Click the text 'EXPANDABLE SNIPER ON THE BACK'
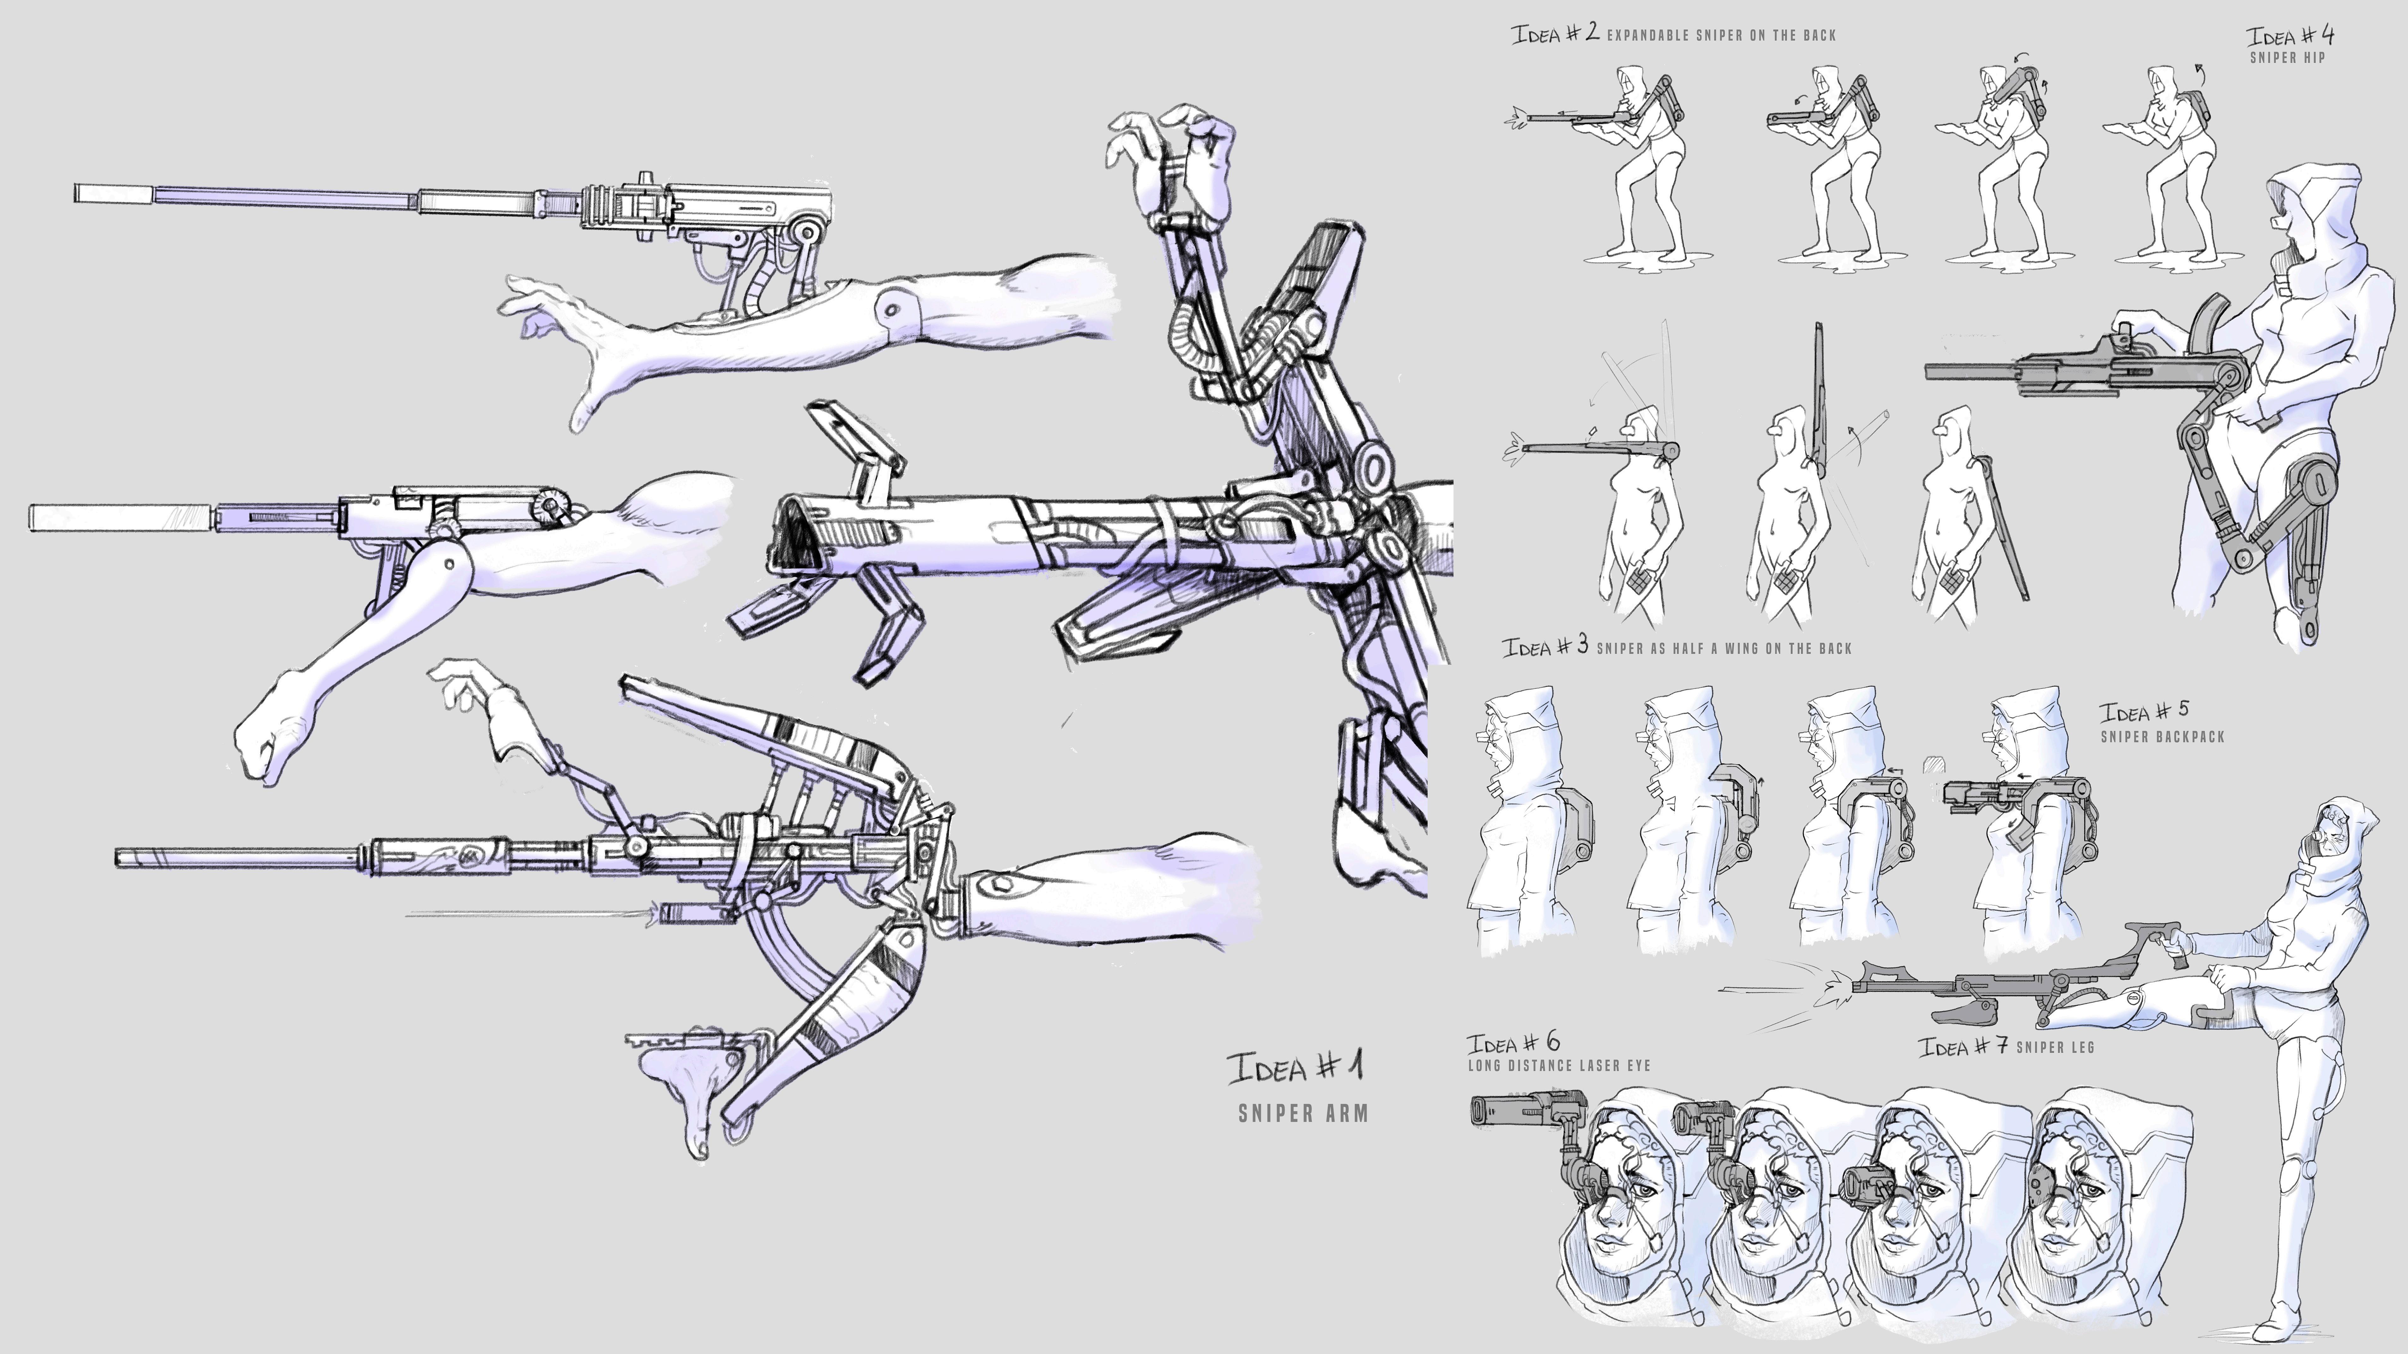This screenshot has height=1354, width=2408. (x=1721, y=35)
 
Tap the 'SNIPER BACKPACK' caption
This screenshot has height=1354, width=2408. (x=2162, y=736)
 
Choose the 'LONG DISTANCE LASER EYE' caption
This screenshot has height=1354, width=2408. (x=1558, y=1065)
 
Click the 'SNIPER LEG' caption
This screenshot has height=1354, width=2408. (x=2055, y=1047)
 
